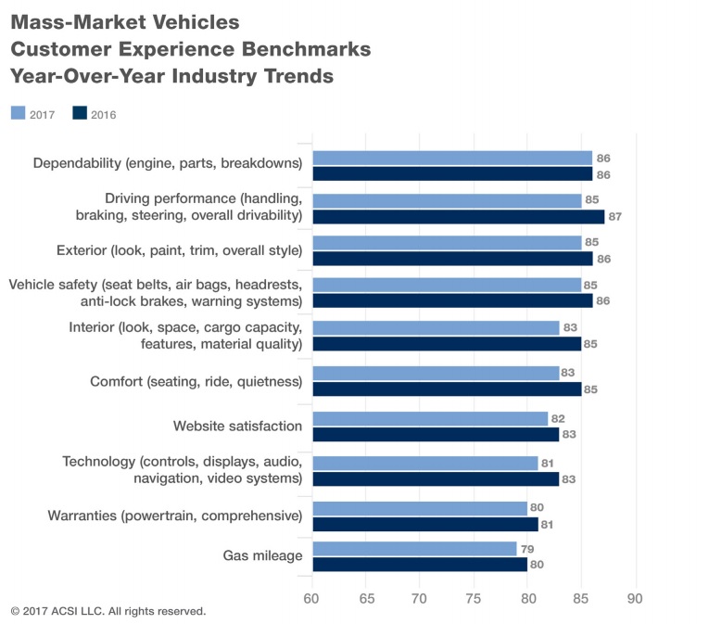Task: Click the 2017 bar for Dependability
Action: click(452, 158)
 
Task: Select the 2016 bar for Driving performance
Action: click(458, 217)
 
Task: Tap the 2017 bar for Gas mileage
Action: click(414, 549)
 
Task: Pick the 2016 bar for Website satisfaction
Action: click(436, 434)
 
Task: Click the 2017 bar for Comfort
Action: click(436, 374)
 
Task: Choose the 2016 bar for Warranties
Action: click(425, 524)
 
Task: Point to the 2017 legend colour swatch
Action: click(19, 113)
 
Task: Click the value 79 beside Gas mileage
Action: click(526, 549)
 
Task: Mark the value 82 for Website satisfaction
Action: click(559, 418)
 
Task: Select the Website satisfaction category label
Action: click(237, 426)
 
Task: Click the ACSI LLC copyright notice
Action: click(108, 612)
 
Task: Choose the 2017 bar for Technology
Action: click(425, 463)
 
